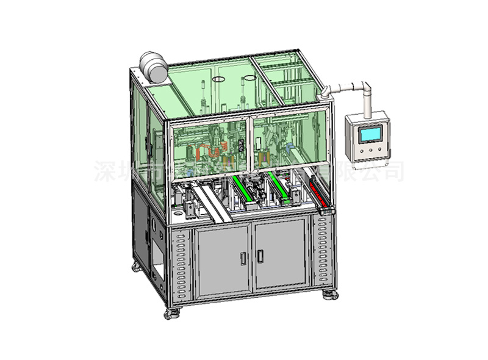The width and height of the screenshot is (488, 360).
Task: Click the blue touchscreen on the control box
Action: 371,134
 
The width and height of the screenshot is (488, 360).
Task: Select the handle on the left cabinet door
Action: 244,259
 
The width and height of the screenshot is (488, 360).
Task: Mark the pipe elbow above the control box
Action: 365,85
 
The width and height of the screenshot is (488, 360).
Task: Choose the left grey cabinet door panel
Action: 223,259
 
